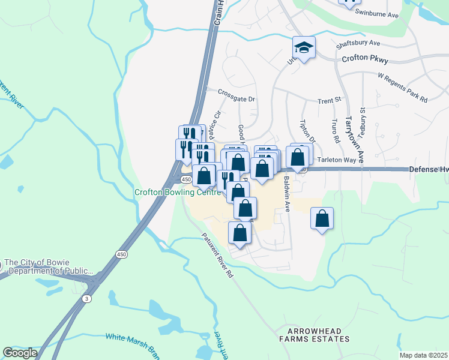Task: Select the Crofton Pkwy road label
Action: tap(365, 59)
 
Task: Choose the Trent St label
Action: tap(329, 99)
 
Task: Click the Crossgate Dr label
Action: tap(237, 96)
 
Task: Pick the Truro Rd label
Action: tap(334, 131)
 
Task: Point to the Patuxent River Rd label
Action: tap(217, 256)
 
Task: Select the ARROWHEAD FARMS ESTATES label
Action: tap(318, 335)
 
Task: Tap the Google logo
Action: tap(20, 352)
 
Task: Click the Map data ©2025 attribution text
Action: tap(423, 355)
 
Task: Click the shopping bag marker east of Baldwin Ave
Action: tap(322, 220)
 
